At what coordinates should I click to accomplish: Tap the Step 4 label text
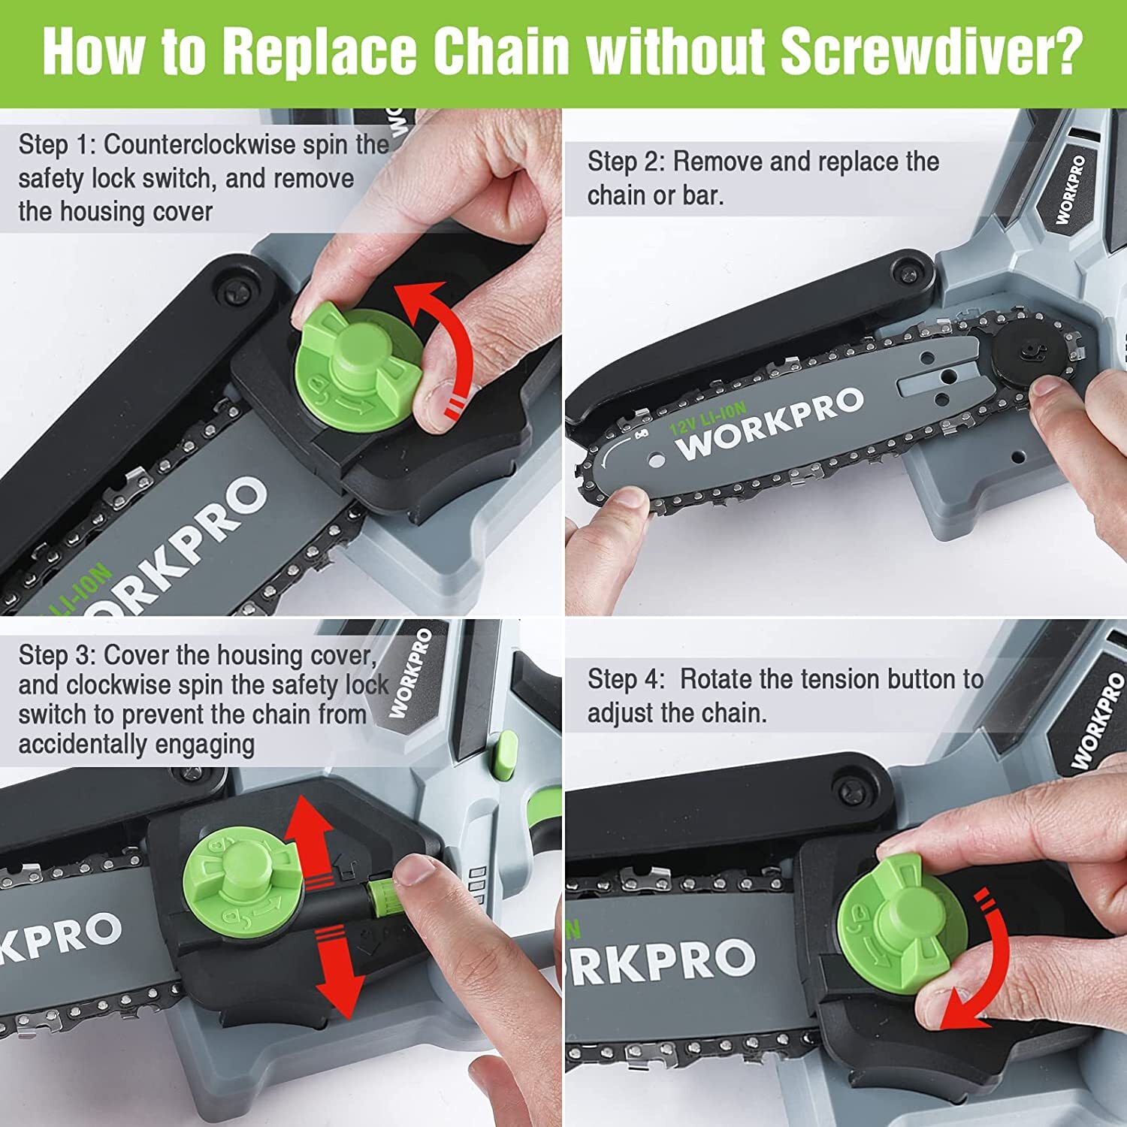tap(625, 679)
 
